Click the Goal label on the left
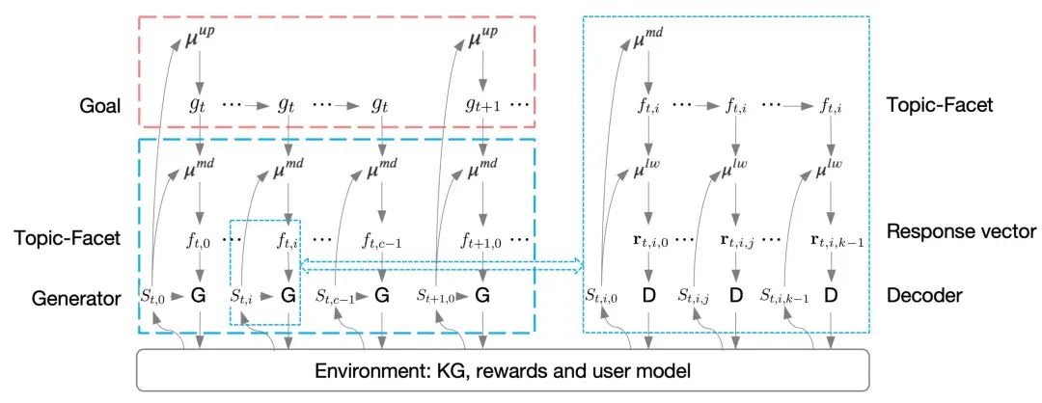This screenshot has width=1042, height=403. click(100, 106)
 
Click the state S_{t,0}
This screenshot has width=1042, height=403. click(152, 297)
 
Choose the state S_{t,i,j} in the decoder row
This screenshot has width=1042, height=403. click(699, 297)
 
